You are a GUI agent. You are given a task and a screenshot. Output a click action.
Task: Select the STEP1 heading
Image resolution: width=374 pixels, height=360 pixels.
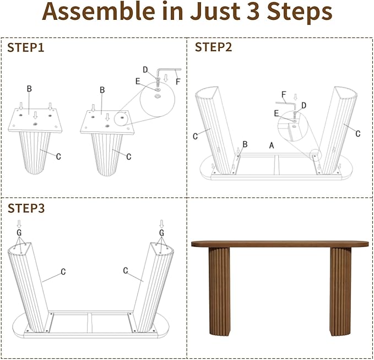pyautogui.click(x=26, y=48)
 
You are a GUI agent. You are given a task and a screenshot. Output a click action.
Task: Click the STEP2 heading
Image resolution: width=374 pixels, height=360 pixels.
pyautogui.click(x=214, y=47)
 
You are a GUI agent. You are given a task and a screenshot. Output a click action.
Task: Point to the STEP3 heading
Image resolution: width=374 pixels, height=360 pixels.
pyautogui.click(x=26, y=208)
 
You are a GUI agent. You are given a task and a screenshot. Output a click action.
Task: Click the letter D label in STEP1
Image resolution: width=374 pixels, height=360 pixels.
pyautogui.click(x=145, y=69)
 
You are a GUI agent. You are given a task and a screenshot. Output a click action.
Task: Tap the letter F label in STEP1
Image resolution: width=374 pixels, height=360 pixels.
pyautogui.click(x=177, y=81)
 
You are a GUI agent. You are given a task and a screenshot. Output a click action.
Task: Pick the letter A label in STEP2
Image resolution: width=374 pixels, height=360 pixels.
pyautogui.click(x=270, y=145)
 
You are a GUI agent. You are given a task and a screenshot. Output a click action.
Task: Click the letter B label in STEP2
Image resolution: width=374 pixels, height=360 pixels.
pyautogui.click(x=245, y=144)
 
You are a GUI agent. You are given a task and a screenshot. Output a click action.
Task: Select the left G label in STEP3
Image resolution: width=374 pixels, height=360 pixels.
pyautogui.click(x=19, y=233)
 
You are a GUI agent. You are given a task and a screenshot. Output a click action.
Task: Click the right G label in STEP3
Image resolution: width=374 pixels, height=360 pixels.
pyautogui.click(x=161, y=233)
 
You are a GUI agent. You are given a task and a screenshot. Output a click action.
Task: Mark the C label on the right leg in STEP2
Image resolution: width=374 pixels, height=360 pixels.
pyautogui.click(x=357, y=133)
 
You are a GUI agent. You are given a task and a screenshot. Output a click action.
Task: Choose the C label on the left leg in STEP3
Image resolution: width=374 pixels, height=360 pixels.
pyautogui.click(x=63, y=271)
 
